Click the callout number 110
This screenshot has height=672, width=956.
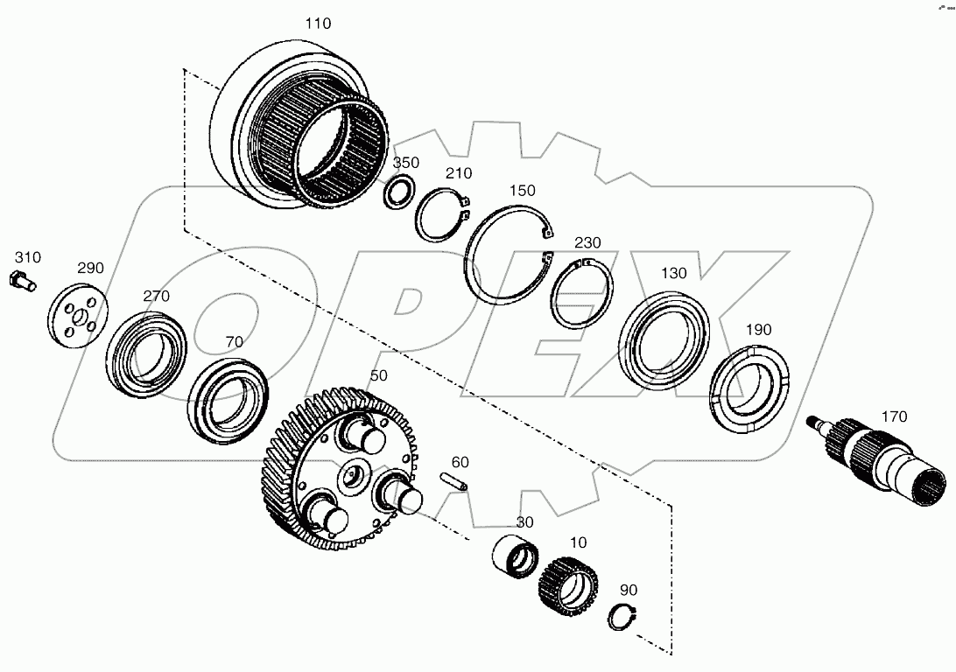(318, 24)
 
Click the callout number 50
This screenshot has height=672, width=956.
(378, 375)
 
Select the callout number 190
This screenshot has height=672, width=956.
(758, 330)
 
